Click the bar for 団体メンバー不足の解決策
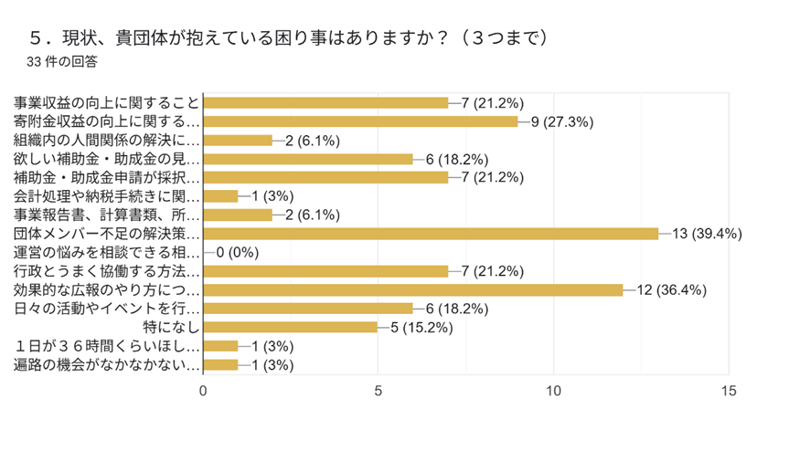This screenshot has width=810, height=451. click(x=431, y=234)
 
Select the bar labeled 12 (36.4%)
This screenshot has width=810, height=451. click(x=413, y=290)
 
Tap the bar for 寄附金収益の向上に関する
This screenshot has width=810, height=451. click(x=360, y=121)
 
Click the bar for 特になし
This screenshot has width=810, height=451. click(x=290, y=327)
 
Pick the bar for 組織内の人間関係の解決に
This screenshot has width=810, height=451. click(x=238, y=141)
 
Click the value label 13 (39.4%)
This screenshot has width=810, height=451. click(x=708, y=234)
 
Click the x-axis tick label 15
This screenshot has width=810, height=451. click(x=728, y=390)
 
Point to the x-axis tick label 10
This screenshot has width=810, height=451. click(x=553, y=390)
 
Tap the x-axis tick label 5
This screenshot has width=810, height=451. click(x=378, y=390)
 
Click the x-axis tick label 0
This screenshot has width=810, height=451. click(x=203, y=390)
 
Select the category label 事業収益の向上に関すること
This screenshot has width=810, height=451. click(x=107, y=102)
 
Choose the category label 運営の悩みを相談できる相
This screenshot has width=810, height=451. click(x=107, y=253)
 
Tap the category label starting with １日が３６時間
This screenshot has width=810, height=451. click(x=107, y=346)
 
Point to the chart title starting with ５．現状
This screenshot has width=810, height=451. click(x=288, y=38)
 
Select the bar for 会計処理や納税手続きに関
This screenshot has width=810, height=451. click(x=220, y=196)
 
